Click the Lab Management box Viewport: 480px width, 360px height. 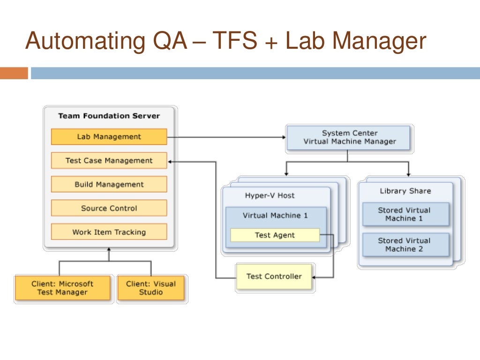click(109, 137)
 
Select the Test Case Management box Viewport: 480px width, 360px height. click(109, 161)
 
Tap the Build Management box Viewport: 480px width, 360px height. click(109, 184)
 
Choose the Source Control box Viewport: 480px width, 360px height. click(109, 208)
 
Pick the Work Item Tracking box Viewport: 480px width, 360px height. click(109, 232)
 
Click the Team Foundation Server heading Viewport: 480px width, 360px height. click(109, 116)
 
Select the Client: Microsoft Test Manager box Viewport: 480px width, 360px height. click(62, 288)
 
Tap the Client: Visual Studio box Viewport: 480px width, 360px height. click(151, 288)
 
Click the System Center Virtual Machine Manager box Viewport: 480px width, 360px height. click(349, 137)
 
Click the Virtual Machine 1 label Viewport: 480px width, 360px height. click(275, 216)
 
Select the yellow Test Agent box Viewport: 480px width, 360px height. click(275, 235)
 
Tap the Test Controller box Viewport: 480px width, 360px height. click(274, 277)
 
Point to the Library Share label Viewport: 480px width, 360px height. click(405, 191)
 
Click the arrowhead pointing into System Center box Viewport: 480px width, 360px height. click(283, 137)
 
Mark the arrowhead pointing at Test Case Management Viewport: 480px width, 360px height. click(170, 161)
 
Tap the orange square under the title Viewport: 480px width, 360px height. click(14, 73)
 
